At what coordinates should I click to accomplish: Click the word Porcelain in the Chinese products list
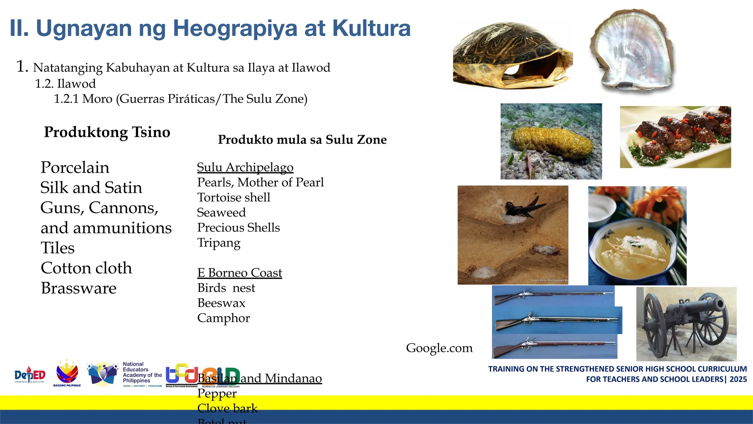pos(75,168)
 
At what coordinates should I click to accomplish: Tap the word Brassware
pos(79,288)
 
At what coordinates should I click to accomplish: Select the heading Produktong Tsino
pos(107,132)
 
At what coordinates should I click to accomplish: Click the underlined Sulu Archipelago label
pos(245,167)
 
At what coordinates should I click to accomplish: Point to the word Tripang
pos(219,243)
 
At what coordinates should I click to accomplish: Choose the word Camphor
pos(224,318)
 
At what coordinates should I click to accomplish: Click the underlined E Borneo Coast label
pos(240,273)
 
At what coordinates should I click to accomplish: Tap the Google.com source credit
pos(439,348)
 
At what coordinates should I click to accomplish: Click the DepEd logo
pos(30,375)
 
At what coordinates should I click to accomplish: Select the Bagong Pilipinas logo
pos(67,374)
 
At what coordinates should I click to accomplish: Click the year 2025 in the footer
pos(738,379)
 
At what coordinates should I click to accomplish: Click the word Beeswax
pos(221,303)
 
